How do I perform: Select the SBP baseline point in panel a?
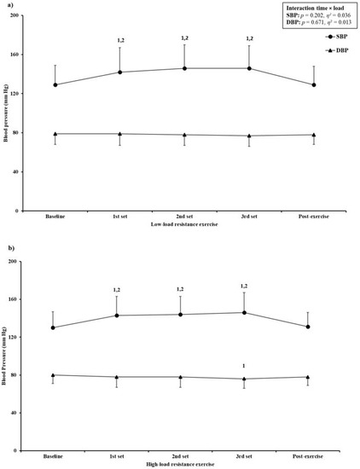[56, 84]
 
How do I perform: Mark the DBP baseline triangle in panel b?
[56, 375]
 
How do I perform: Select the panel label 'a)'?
[5, 4]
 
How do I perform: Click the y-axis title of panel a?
[6, 113]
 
